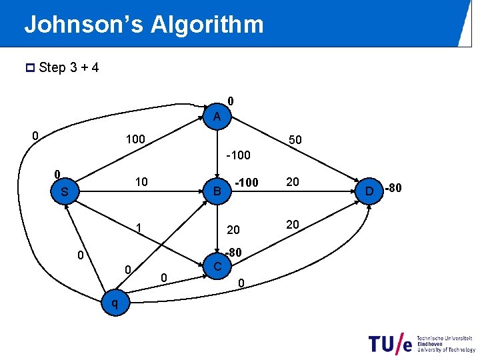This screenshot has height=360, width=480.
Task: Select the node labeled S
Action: [x=65, y=192]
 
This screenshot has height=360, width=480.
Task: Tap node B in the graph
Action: [x=216, y=193]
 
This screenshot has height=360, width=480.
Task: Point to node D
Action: [x=368, y=192]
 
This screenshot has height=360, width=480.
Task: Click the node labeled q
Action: [x=115, y=303]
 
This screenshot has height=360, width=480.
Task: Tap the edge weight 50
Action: [x=295, y=141]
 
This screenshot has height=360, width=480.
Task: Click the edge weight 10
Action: [x=141, y=182]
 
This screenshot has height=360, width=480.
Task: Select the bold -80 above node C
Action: [x=233, y=253]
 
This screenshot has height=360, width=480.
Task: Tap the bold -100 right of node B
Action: [x=247, y=183]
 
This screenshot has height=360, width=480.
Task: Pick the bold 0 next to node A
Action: [x=230, y=101]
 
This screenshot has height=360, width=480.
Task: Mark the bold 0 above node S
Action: [x=58, y=174]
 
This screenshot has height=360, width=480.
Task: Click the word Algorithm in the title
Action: [x=207, y=25]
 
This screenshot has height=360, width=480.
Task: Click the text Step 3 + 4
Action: [x=69, y=68]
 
